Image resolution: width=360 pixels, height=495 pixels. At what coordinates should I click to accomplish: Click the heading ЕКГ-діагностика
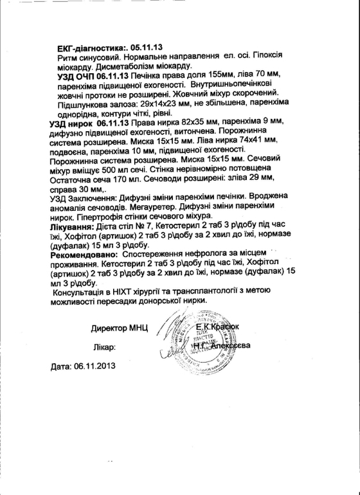tap(92, 48)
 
